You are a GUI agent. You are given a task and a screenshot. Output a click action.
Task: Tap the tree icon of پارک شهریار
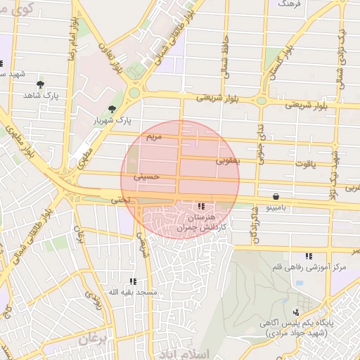tap(112, 108)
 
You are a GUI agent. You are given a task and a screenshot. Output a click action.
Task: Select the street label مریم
tap(153, 134)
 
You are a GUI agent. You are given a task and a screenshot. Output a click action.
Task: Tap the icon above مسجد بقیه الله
tap(134, 281)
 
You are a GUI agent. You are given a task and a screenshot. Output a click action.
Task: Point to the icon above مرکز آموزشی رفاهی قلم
tap(308, 257)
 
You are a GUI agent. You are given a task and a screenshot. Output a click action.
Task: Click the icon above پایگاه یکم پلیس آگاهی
tap(296, 311)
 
